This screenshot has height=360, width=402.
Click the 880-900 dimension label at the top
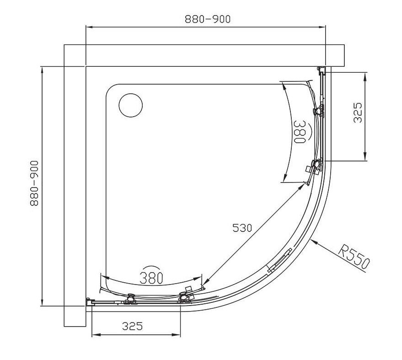pyautogui.click(x=208, y=19)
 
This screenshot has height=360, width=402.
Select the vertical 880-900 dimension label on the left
pyautogui.click(x=34, y=183)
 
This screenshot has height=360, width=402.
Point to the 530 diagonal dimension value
pyautogui.click(x=242, y=228)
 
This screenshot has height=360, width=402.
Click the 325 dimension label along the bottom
pyautogui.click(x=132, y=326)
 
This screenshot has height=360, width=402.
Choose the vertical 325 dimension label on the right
pyautogui.click(x=358, y=113)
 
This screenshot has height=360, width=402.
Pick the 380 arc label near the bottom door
pyautogui.click(x=151, y=278)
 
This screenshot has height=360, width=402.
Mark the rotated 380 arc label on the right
pyautogui.click(x=300, y=132)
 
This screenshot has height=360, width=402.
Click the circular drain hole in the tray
pyautogui.click(x=131, y=105)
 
